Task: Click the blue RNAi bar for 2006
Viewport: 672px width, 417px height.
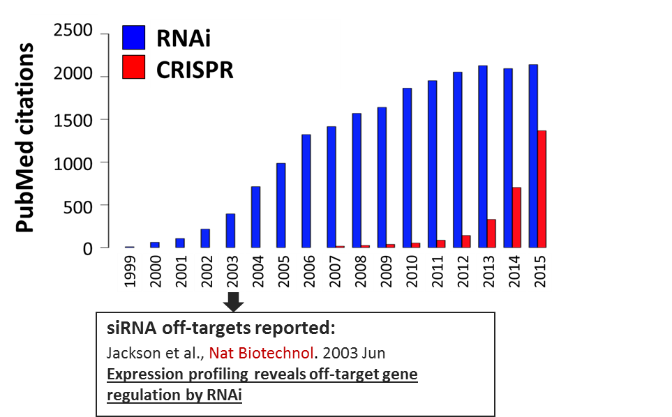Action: tap(306, 191)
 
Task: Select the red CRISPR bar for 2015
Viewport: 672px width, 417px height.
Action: tap(542, 189)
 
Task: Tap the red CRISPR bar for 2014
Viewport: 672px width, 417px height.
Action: tap(516, 218)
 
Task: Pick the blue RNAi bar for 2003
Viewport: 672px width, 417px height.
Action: tap(230, 231)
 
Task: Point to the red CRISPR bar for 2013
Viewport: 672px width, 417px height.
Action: tap(491, 234)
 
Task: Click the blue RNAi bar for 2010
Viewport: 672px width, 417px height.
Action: tap(407, 168)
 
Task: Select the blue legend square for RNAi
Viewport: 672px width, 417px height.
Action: tap(134, 37)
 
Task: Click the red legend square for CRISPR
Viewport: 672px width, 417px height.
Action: tap(134, 67)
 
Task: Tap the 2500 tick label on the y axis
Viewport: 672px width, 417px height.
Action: tap(73, 31)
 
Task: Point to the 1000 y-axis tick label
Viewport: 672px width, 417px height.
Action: tap(73, 164)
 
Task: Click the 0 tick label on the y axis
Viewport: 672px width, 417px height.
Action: tap(87, 248)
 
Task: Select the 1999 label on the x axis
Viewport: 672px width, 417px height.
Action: tap(130, 271)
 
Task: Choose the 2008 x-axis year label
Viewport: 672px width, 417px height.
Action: tap(361, 271)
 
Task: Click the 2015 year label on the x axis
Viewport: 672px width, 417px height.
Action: tap(540, 271)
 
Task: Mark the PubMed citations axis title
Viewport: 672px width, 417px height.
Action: tap(24, 137)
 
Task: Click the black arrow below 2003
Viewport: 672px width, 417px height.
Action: tap(234, 302)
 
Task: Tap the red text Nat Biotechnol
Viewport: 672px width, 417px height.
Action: tap(261, 354)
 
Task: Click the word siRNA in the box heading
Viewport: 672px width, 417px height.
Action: tap(132, 328)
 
